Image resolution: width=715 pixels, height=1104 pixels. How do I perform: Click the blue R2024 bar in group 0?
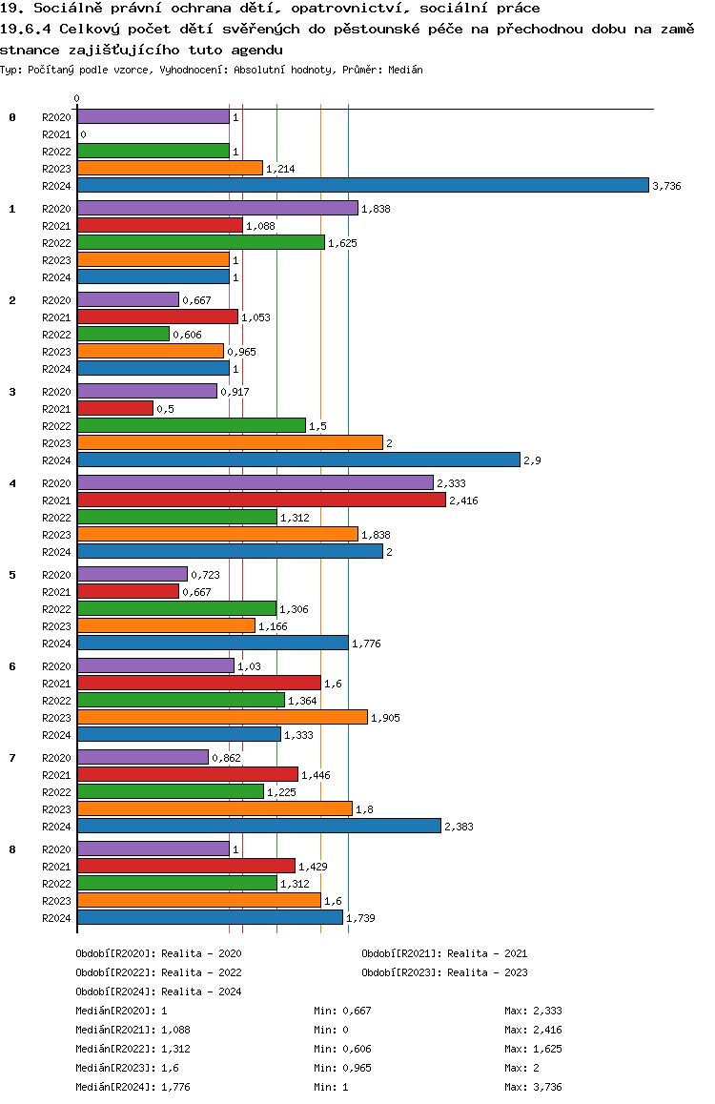(362, 185)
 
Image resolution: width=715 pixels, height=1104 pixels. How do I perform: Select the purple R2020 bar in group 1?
(217, 208)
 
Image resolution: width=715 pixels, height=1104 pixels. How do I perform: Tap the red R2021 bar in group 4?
(261, 500)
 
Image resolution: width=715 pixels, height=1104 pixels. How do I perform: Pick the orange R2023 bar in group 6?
(222, 717)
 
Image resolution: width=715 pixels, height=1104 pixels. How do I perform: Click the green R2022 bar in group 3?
(191, 425)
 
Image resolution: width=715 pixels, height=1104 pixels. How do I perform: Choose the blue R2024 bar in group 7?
(258, 826)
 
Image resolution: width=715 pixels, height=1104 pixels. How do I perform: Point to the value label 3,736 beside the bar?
(666, 186)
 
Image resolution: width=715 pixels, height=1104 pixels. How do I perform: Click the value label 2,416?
(464, 501)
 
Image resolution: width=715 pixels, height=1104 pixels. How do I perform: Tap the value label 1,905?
(386, 718)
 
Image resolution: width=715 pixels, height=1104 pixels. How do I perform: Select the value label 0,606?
(187, 335)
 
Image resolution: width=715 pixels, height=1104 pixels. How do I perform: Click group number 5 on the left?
(12, 575)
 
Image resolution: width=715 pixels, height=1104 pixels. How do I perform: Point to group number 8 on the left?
(12, 849)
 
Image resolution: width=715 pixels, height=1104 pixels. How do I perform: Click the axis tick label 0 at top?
(77, 98)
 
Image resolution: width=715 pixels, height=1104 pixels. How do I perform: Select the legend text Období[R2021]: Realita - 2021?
(444, 953)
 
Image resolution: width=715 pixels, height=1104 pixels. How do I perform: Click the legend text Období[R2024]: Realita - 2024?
(158, 992)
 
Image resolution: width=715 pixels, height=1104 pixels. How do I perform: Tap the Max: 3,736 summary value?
(535, 1087)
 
